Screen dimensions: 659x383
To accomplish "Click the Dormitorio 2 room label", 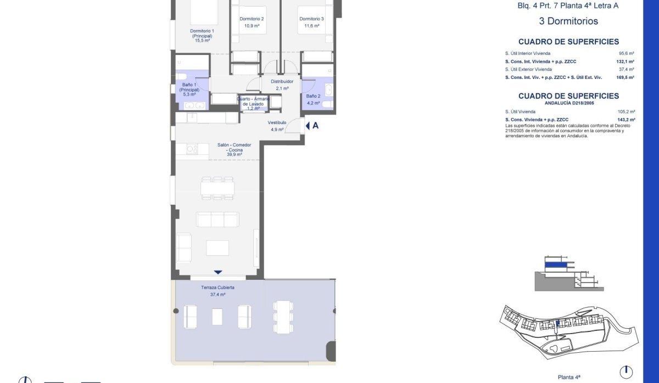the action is (x=252, y=19).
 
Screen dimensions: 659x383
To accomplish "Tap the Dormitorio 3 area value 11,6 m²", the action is (x=312, y=26).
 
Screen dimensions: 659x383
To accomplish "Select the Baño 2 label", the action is (x=313, y=96).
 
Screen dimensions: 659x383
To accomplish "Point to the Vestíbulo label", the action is (x=277, y=122).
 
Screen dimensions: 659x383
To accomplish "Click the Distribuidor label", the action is (x=282, y=81).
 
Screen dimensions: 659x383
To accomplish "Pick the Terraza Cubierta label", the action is (x=217, y=288).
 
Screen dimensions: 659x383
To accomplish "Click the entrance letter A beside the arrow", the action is (x=315, y=126).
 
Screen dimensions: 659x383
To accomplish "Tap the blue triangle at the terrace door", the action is (x=218, y=273).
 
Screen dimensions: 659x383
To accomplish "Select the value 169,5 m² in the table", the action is (x=625, y=77).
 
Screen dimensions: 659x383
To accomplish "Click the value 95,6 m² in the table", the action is (x=627, y=53).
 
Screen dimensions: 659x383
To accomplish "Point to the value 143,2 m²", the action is (x=627, y=120).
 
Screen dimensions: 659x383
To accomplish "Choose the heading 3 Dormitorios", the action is (x=568, y=21).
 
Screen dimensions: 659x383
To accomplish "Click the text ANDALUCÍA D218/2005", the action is (x=569, y=103).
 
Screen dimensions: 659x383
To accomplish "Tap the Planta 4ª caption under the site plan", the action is (x=569, y=377).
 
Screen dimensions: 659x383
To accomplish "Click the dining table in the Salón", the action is (x=217, y=188).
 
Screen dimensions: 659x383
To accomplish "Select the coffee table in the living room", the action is (x=217, y=248).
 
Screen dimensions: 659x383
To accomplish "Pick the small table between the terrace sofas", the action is (x=217, y=317).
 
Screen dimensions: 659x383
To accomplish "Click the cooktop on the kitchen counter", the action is (x=192, y=149).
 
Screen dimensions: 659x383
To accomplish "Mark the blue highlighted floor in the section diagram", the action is (x=556, y=265).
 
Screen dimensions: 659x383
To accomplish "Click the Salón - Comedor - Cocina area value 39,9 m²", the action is (x=234, y=155).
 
